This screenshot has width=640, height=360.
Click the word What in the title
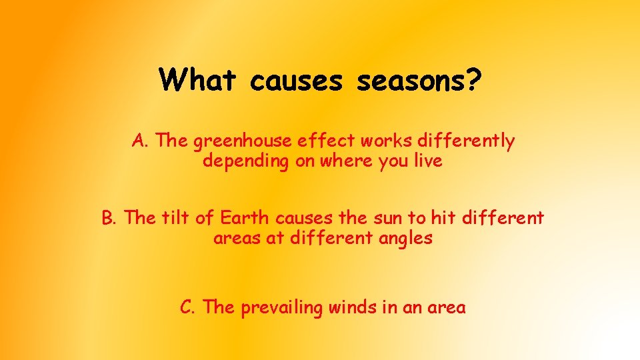[x=198, y=81]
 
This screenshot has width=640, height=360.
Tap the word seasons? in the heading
[x=419, y=81]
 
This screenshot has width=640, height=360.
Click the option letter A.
[x=139, y=141]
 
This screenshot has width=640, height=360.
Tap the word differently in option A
[x=472, y=141]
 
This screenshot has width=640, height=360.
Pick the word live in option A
[x=427, y=161]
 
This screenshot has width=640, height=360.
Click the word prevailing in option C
[x=281, y=308]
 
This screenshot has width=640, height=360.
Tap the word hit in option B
[x=441, y=218]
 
